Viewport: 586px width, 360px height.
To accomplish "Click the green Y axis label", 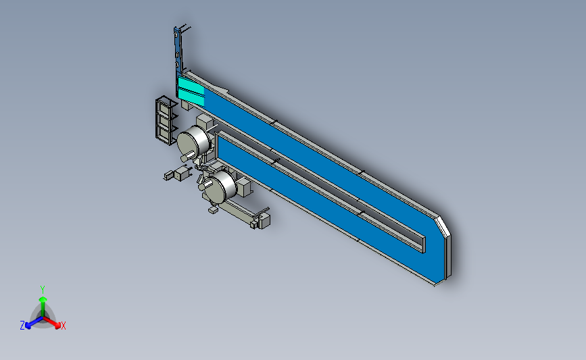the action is (x=42, y=290).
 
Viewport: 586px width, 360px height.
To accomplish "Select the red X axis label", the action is (x=63, y=326).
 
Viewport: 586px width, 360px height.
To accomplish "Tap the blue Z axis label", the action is (x=22, y=326).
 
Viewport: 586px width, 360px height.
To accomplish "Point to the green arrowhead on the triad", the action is (x=43, y=299).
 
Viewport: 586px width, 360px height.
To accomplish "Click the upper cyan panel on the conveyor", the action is (x=191, y=86).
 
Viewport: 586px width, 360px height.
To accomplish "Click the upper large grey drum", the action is (x=193, y=141).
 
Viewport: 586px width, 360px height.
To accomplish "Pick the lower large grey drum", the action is (x=220, y=186).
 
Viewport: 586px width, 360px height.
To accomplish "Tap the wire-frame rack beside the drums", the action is (x=166, y=120).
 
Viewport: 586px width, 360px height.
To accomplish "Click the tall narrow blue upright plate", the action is (x=178, y=52).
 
